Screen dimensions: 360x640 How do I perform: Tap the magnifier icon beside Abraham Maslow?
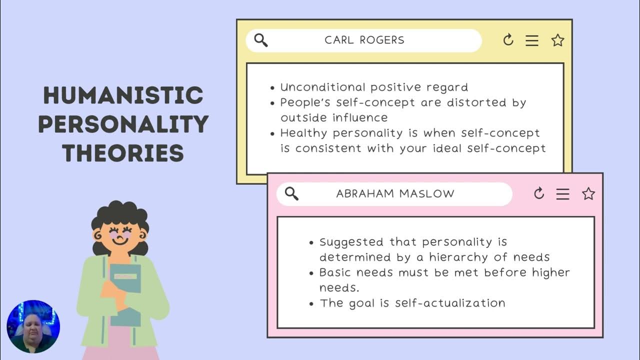291,193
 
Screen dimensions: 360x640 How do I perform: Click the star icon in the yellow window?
557,40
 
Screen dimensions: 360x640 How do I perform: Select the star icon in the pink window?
588,194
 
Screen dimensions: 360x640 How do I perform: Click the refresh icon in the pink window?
538,193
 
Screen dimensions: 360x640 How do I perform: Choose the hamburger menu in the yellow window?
532,40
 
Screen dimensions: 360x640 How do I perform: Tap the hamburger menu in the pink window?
563,194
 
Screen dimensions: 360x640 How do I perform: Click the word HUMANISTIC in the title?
123,95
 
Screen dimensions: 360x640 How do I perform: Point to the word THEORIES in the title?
123,153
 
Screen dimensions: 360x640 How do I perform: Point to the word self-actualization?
450,303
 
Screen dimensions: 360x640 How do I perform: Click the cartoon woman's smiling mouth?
120,240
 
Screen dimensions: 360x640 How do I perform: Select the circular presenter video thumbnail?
33,326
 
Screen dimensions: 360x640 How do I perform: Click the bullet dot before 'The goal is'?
312,304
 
